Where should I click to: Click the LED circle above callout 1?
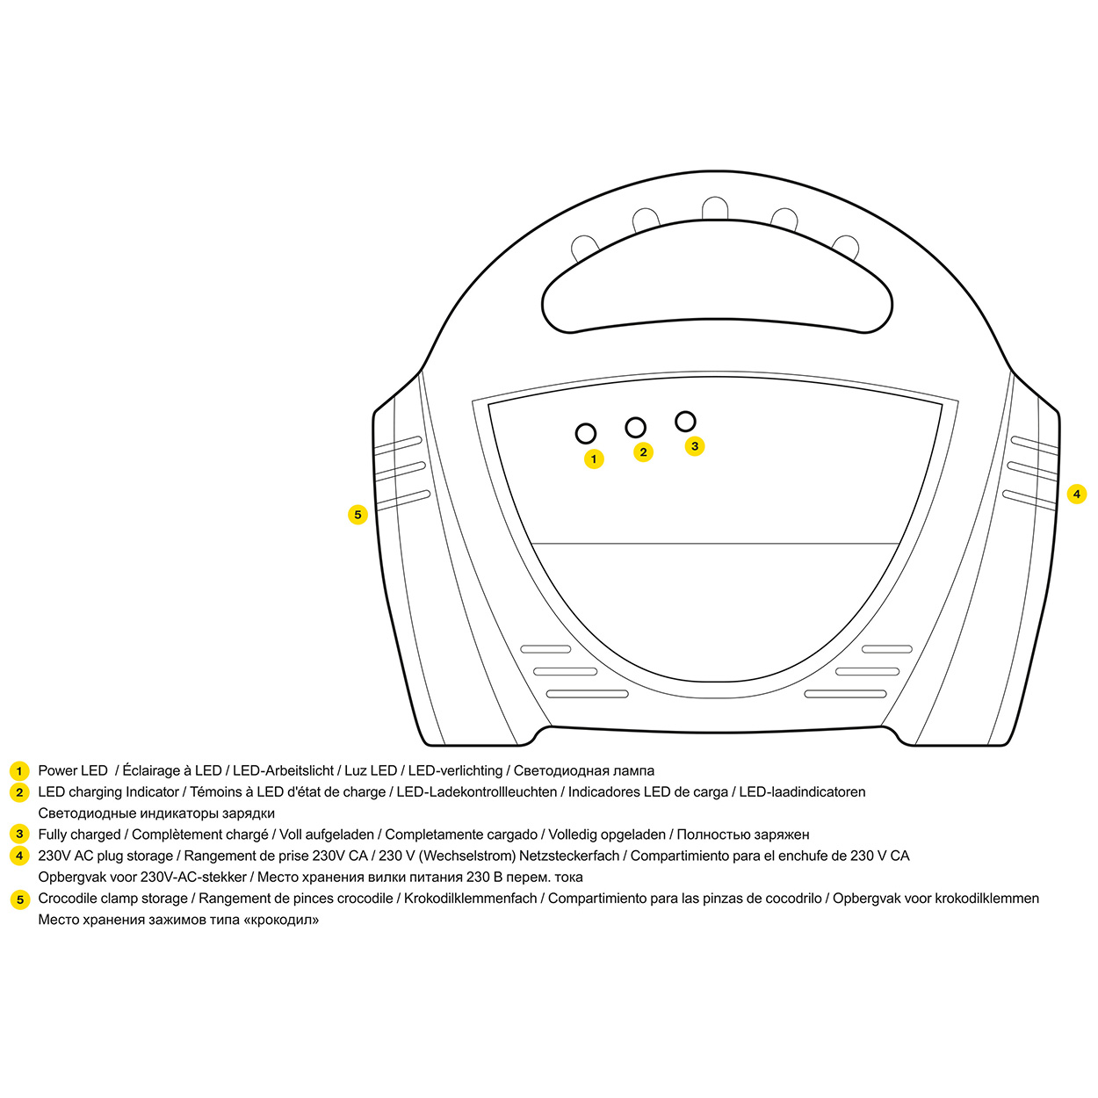click(586, 433)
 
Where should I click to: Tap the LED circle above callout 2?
click(635, 428)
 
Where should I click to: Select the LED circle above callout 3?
click(685, 422)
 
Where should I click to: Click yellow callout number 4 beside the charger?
click(1076, 494)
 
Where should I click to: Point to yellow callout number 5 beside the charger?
click(358, 515)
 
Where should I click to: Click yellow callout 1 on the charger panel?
click(594, 459)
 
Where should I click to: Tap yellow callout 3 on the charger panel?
click(695, 446)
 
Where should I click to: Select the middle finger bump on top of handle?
click(715, 207)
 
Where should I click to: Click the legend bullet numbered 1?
click(19, 771)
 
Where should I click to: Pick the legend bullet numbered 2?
click(19, 792)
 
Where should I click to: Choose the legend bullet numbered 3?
click(19, 834)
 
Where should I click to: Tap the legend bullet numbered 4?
click(19, 856)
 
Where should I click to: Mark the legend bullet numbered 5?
click(19, 899)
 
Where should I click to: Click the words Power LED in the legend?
click(73, 771)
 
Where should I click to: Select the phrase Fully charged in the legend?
click(79, 834)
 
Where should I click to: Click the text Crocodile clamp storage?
click(112, 899)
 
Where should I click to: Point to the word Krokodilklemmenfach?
click(470, 899)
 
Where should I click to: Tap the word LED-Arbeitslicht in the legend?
click(283, 771)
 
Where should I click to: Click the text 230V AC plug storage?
click(105, 856)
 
